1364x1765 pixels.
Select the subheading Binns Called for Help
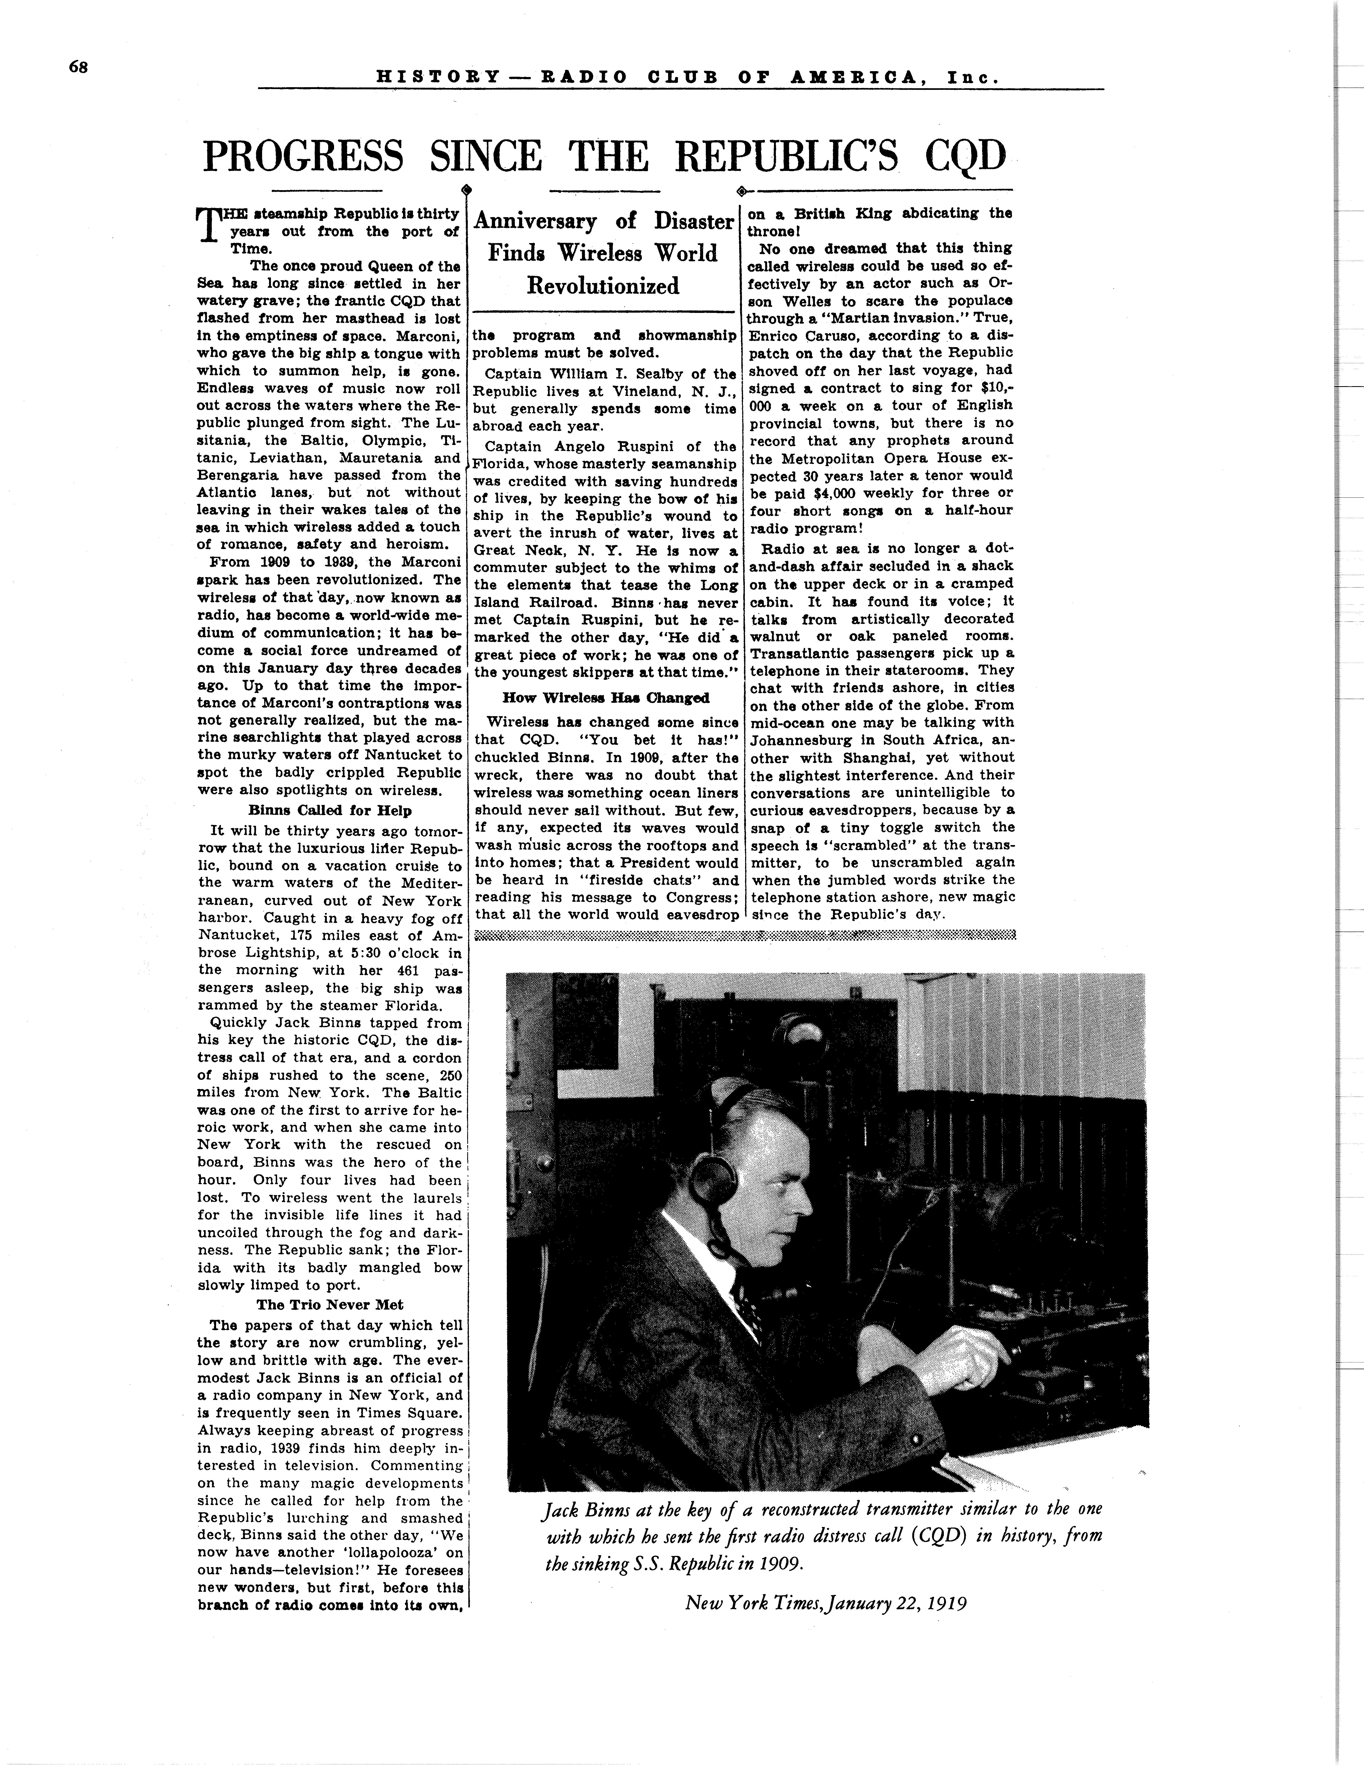[330, 811]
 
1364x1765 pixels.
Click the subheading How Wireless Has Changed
[605, 698]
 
